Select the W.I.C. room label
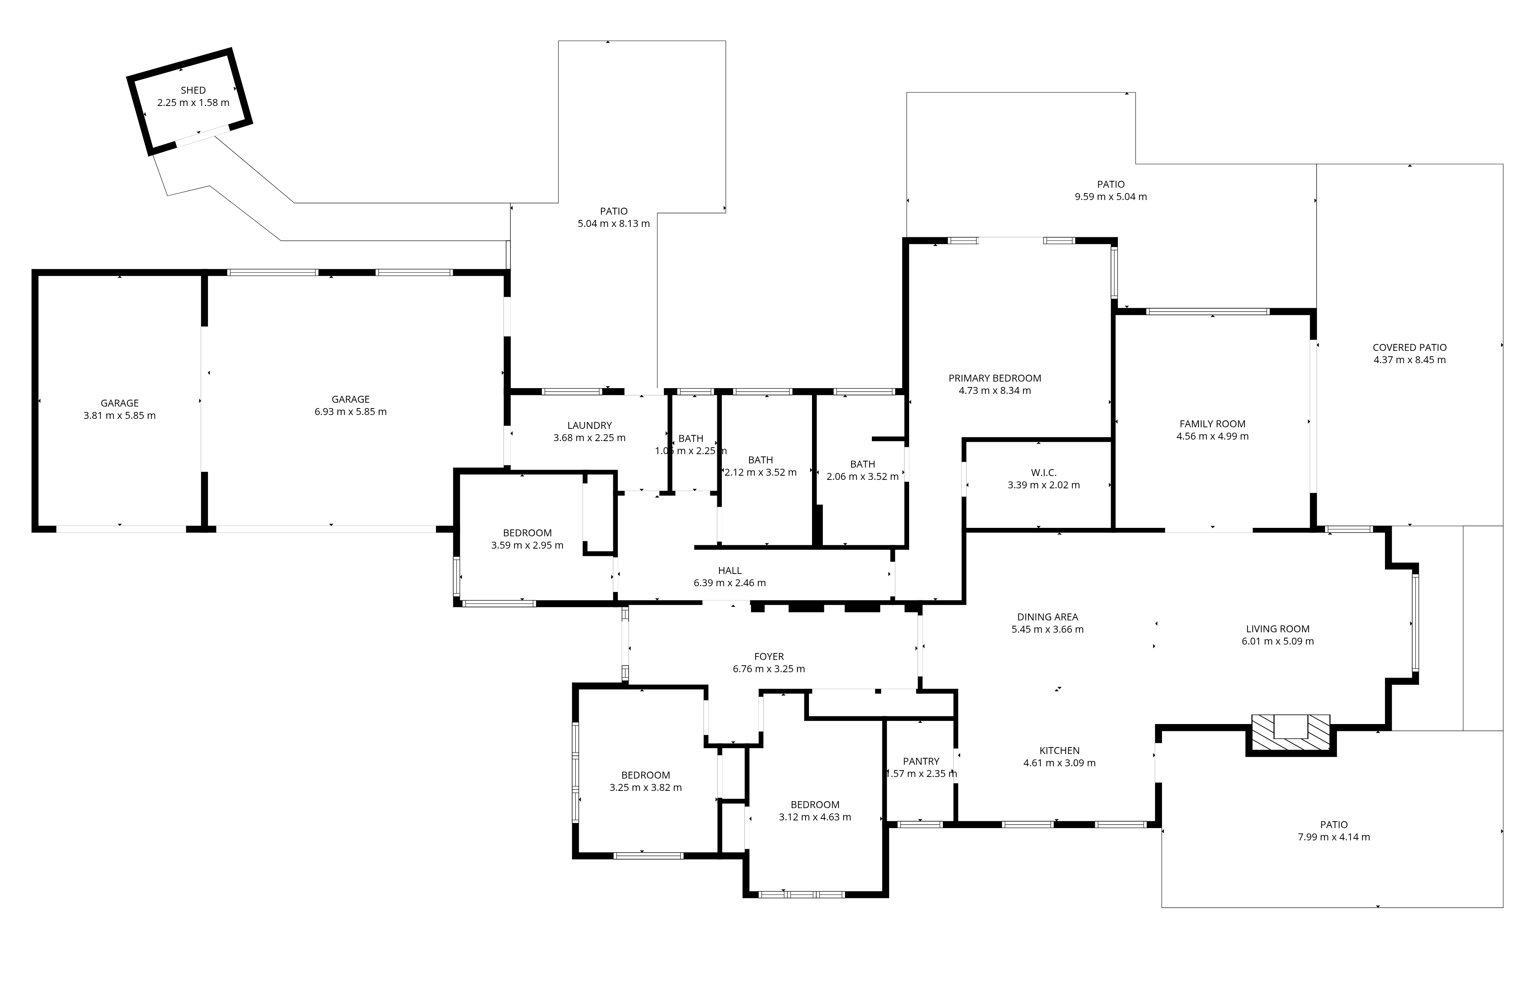coord(1044,473)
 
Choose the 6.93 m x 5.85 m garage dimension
coord(351,412)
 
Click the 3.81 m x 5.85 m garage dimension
coord(120,415)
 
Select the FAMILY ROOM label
coord(1212,424)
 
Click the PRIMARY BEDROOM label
coord(995,378)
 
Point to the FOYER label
coord(769,656)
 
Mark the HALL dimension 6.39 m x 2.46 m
coord(730,583)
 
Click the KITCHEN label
coord(1059,751)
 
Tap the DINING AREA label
coord(1048,617)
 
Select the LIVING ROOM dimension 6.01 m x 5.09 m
coord(1278,641)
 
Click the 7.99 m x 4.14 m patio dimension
coord(1334,837)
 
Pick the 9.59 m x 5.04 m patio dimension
coord(1111,197)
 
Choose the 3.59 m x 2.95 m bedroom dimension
coord(527,546)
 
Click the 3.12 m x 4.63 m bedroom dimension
coord(815,817)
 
